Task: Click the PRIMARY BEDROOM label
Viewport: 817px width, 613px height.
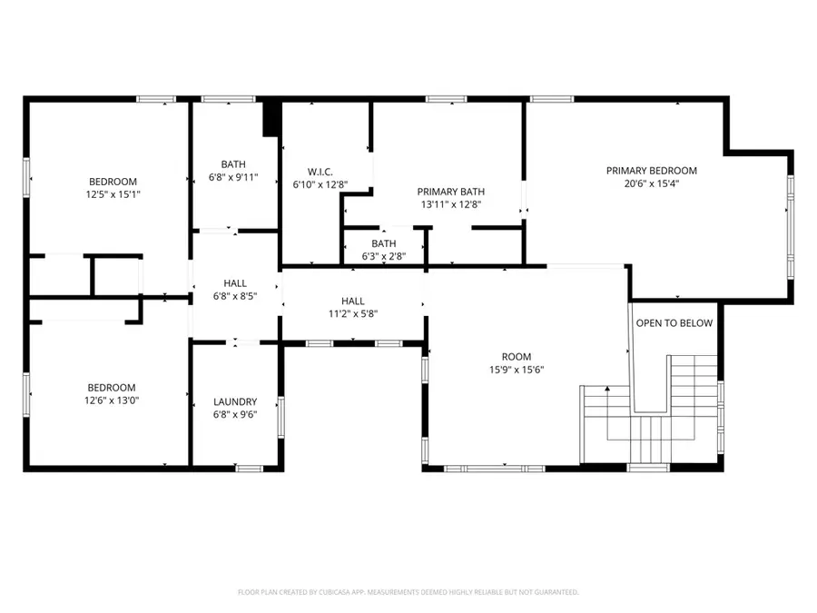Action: coord(651,171)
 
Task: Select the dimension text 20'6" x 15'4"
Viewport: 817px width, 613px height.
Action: coord(651,184)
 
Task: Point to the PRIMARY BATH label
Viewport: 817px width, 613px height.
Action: coord(450,192)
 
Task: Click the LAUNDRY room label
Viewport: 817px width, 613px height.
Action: coord(235,401)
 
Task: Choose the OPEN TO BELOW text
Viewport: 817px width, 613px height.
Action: coord(674,323)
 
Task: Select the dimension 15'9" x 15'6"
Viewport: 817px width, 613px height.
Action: coord(517,370)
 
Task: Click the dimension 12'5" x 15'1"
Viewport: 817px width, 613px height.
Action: coord(113,194)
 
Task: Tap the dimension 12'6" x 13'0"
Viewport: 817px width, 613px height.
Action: coord(112,400)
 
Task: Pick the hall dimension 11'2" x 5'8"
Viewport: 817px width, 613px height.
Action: coord(353,314)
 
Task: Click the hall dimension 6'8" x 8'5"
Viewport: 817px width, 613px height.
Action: coord(235,297)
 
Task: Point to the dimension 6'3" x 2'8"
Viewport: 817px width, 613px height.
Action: coord(383,257)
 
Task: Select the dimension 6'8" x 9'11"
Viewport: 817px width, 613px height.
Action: coord(233,178)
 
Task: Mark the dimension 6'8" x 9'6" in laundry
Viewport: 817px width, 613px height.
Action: coord(235,415)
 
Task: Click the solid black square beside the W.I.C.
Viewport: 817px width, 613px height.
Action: coord(271,119)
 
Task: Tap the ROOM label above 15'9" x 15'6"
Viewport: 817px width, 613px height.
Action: coord(517,357)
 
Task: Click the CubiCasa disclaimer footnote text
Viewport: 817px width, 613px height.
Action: coord(408,592)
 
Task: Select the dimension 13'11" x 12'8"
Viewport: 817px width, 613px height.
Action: coord(450,205)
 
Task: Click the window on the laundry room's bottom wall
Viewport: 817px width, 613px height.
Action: coord(250,468)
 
